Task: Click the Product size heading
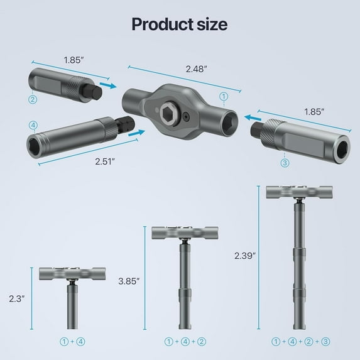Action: pos(180,24)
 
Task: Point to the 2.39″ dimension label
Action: pos(245,256)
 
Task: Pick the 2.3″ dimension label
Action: pos(16,299)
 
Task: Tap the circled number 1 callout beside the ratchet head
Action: pos(223,97)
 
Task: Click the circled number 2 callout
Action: pos(32,99)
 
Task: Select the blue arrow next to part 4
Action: pos(137,132)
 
